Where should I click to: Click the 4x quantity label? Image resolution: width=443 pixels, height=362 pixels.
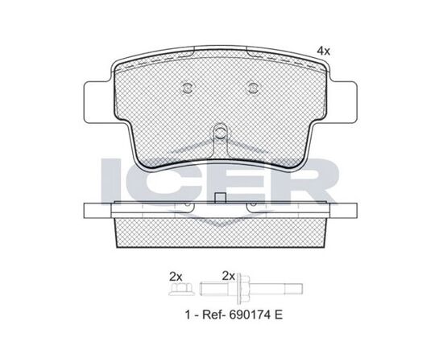coord(324,51)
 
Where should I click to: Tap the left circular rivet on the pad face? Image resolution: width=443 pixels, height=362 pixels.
coord(187,88)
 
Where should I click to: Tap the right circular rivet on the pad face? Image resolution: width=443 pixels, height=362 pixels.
coord(252,88)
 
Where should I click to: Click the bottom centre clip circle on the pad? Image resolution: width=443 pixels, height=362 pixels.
coord(220,132)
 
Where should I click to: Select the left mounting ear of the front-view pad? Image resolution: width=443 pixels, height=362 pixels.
coord(98,102)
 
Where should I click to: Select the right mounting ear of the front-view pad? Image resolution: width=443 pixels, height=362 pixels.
coord(342,102)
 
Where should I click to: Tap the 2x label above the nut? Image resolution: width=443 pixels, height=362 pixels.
coord(176,277)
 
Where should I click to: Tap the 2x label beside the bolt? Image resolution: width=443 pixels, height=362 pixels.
coord(229,276)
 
